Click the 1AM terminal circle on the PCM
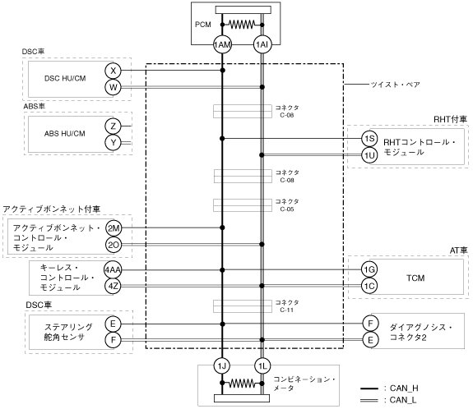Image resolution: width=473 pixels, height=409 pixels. (x=222, y=45)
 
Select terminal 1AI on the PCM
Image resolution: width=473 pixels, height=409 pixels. (x=262, y=45)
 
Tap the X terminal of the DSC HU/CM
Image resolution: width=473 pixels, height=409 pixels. (x=114, y=71)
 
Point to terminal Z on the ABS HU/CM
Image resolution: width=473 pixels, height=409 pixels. (x=114, y=126)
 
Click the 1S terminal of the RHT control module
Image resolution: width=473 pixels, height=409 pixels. (x=369, y=139)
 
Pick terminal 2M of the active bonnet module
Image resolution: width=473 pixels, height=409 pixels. (x=114, y=228)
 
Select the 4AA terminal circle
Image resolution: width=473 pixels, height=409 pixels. (x=113, y=269)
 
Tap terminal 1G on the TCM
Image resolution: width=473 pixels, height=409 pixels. (x=369, y=269)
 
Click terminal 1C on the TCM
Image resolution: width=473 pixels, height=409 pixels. (x=369, y=286)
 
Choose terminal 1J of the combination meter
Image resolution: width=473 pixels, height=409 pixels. (x=222, y=366)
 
